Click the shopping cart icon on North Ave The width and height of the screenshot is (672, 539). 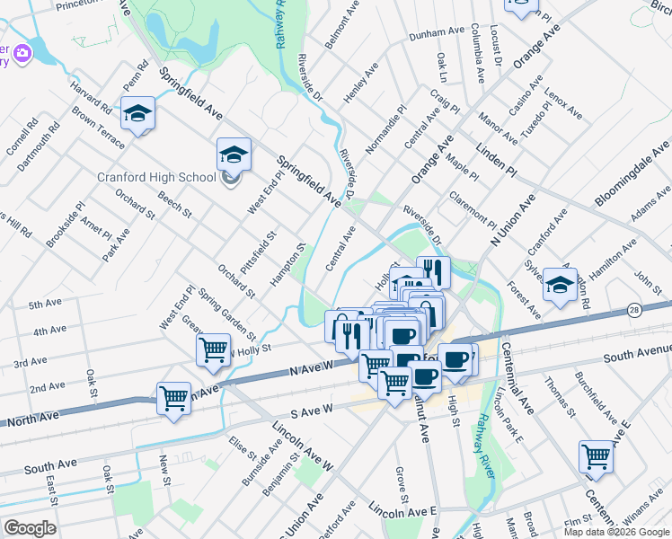173,397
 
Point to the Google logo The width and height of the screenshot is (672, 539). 30,527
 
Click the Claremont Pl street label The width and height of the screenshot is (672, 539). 474,209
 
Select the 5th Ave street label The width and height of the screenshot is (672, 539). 44,305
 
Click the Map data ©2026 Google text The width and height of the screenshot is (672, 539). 616,531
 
